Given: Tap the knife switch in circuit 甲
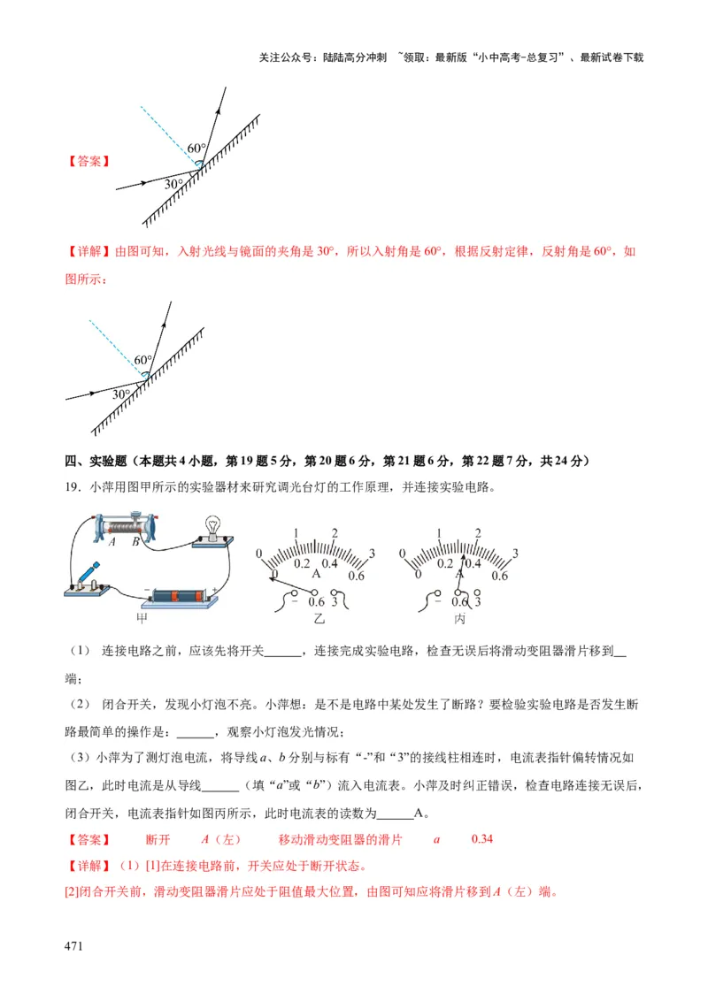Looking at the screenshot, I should tap(87, 580).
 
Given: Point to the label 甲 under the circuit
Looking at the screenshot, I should tap(142, 617).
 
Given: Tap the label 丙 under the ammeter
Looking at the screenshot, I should tap(459, 618).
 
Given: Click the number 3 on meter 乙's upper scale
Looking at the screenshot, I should tap(371, 554).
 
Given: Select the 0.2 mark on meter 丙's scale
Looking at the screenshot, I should tap(444, 563).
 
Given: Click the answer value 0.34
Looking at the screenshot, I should tap(482, 839).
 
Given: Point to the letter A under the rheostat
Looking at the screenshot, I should tap(112, 543).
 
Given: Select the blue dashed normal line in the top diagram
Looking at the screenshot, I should tap(168, 135).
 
